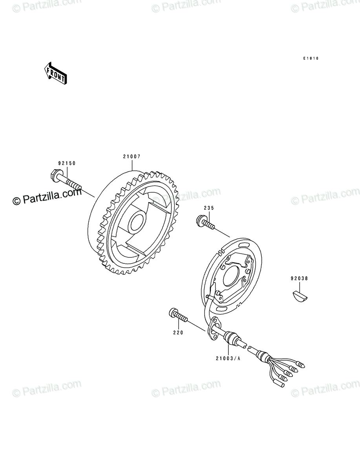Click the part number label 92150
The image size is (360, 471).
coord(67,163)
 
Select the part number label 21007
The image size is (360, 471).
coord(132,157)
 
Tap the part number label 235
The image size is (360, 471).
coord(209,208)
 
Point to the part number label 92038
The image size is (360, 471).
coord(299,279)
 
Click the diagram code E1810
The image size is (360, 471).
coord(311,58)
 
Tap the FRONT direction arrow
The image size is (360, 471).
coord(56,73)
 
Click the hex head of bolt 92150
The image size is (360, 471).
coord(56,175)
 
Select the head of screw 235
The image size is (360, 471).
coord(200,220)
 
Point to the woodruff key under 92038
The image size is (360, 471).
coord(300,296)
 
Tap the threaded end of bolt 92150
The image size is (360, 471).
coord(74,185)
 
